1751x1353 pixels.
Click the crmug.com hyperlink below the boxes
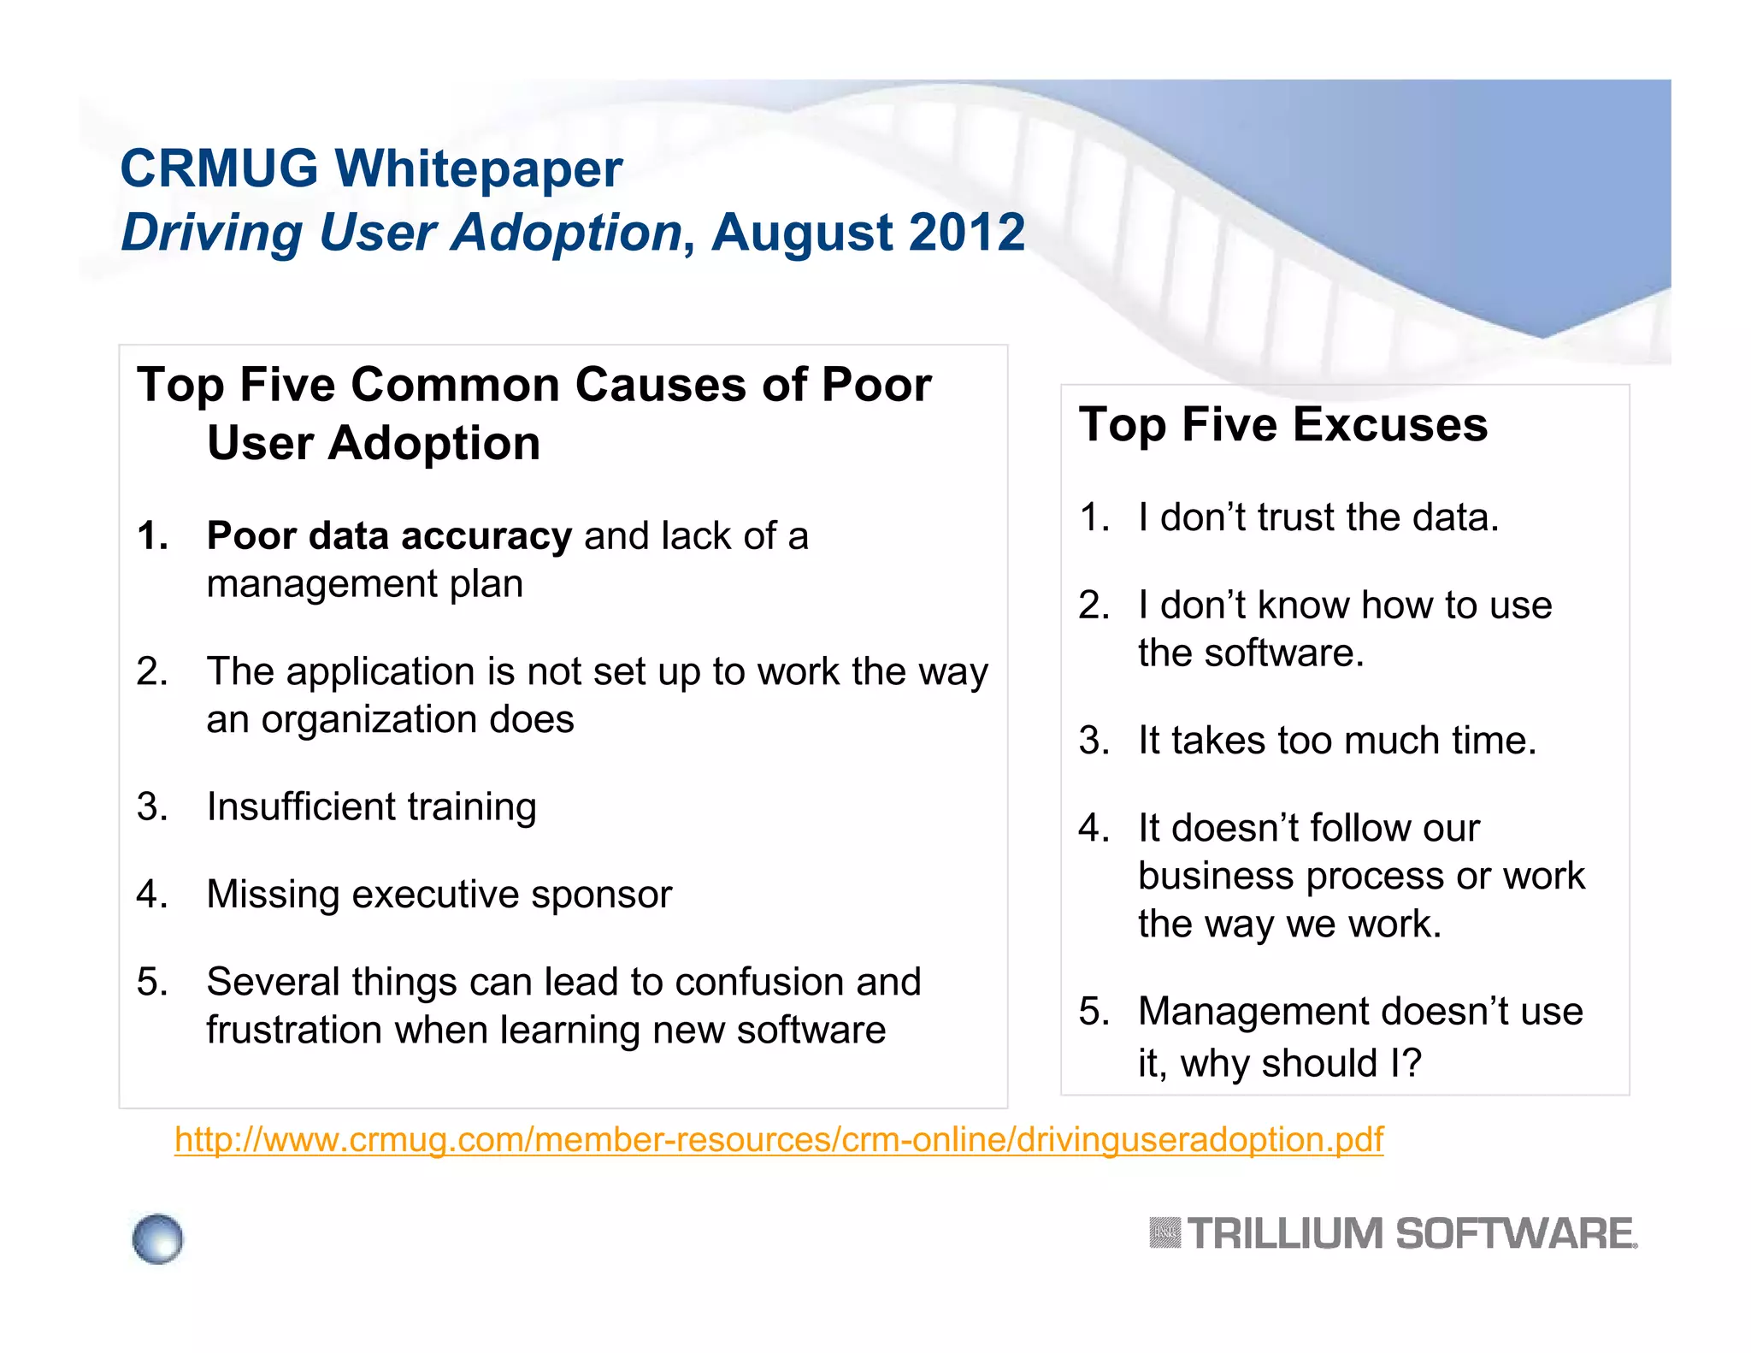778,1140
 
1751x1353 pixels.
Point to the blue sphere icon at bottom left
158,1238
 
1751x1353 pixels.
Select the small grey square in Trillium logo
1164,1233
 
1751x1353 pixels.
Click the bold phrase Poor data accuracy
389,536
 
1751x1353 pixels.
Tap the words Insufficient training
371,806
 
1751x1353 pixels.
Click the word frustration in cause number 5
293,1030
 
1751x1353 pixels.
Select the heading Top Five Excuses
1282,424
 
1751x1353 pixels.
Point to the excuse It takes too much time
1336,741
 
